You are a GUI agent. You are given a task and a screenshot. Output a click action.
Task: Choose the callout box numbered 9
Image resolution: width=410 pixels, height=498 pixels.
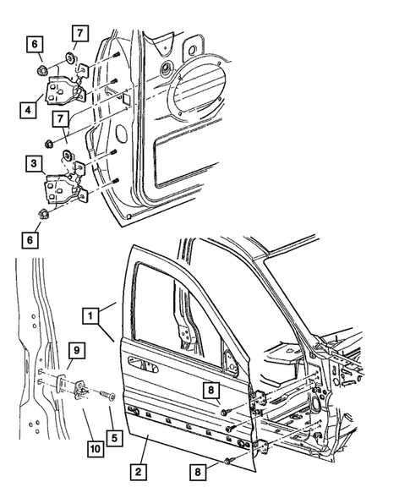tap(74, 349)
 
